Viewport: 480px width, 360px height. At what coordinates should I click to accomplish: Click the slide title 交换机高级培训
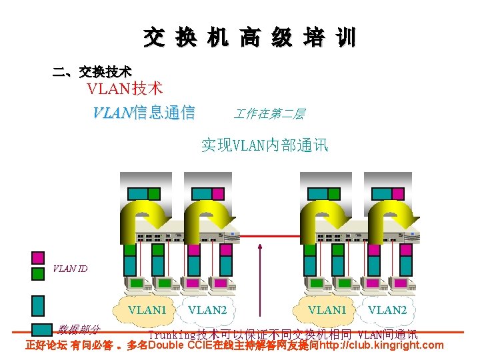pos(249,38)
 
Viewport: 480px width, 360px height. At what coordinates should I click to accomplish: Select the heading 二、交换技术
pos(92,71)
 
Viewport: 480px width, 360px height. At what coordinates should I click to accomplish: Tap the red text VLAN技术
pos(125,88)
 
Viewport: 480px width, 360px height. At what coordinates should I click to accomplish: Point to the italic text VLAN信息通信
pos(144,112)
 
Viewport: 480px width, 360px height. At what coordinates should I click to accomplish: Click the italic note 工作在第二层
pos(269,114)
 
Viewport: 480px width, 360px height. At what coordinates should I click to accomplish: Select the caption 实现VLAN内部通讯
pos(265,145)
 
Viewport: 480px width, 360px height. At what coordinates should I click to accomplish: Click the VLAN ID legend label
pos(70,269)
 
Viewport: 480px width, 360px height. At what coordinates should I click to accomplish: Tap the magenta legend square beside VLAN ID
pos(38,257)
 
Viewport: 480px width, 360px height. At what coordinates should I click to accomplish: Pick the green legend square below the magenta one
pos(38,273)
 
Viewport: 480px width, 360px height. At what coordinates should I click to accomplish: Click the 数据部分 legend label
pos(79,329)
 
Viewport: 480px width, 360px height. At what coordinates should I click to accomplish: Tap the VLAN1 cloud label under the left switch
pos(147,310)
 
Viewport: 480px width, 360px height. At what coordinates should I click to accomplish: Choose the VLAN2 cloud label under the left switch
pos(207,310)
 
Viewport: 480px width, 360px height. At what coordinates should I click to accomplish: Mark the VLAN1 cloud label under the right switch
pos(327,310)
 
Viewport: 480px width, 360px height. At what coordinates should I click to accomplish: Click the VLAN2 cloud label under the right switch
pos(387,310)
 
